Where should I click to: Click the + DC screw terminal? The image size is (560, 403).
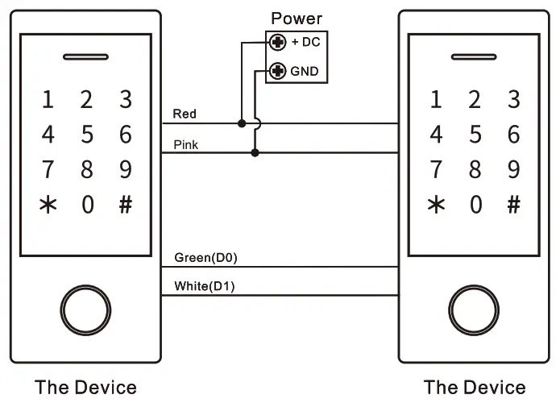[277, 43]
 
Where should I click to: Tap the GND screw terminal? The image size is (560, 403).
[277, 71]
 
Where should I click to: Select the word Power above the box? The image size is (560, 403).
[297, 19]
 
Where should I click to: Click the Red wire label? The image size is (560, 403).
[185, 114]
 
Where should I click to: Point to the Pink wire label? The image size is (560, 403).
[185, 145]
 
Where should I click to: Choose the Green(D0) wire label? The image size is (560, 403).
[205, 257]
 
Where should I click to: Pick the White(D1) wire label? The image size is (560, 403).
[205, 286]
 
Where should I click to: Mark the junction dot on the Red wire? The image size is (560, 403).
[242, 123]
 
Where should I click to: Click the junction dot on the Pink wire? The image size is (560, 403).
[255, 153]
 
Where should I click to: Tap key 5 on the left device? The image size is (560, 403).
[87, 135]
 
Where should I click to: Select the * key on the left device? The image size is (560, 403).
[48, 205]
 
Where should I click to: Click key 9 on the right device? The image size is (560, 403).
[513, 169]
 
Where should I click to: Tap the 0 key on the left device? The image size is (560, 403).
[88, 205]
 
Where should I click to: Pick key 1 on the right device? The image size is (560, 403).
[436, 99]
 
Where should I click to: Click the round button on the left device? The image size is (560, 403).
[85, 310]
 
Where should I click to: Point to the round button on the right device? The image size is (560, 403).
[474, 310]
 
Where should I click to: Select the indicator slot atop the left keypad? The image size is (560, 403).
[85, 56]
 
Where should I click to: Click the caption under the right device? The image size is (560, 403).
[475, 388]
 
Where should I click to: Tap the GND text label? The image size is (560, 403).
[305, 71]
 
